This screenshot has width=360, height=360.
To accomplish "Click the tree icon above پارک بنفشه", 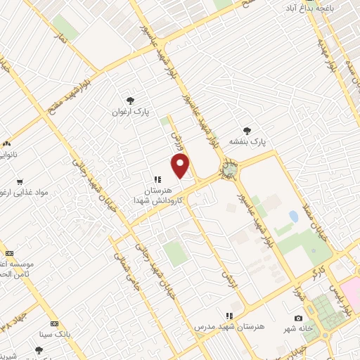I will point(247,130).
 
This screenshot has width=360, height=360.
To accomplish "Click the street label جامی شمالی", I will point(132,276).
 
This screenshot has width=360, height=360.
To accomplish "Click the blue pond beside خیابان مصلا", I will point(293,216).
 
